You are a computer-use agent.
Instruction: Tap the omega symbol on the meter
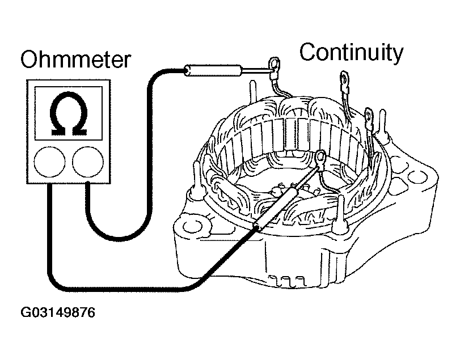[x=68, y=114]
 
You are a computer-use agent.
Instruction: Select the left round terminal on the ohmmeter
[x=49, y=163]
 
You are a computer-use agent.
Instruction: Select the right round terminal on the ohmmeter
[x=88, y=163]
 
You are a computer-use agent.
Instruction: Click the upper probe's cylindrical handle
[x=213, y=70]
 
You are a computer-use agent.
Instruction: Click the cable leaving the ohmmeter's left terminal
[x=49, y=227]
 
